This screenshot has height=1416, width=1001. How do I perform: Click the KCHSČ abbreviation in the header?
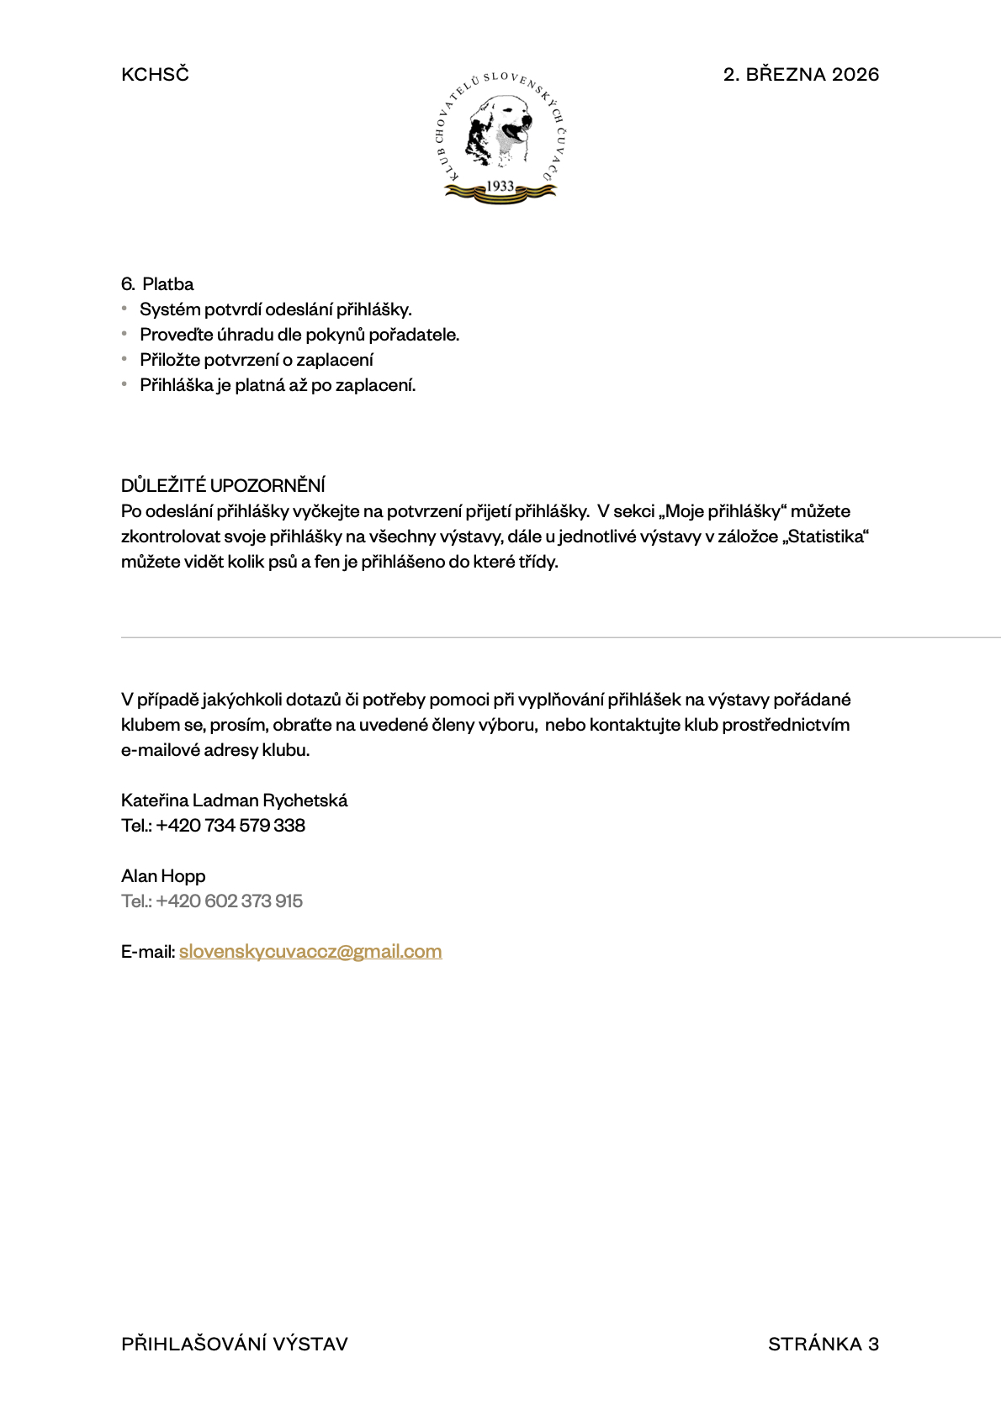click(x=155, y=74)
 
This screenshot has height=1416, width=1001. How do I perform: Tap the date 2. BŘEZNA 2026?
click(x=801, y=74)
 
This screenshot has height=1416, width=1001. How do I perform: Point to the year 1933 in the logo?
click(x=500, y=186)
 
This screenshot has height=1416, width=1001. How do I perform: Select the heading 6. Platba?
click(x=157, y=284)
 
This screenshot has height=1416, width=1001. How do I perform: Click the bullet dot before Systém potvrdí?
click(x=124, y=309)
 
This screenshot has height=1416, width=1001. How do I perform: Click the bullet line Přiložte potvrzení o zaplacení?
click(x=257, y=360)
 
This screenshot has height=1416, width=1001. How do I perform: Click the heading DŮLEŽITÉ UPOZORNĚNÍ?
click(x=223, y=485)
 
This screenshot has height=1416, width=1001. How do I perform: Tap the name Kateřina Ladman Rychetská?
click(x=234, y=800)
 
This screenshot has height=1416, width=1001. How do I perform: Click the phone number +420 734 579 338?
click(x=230, y=826)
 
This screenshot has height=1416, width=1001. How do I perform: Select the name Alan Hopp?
click(x=163, y=876)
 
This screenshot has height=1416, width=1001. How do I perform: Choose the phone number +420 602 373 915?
click(x=229, y=901)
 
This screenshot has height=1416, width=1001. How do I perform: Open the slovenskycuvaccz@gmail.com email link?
click(x=310, y=952)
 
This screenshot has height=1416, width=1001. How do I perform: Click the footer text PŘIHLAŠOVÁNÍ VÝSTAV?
click(x=235, y=1344)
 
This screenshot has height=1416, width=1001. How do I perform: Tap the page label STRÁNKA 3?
click(x=823, y=1344)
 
